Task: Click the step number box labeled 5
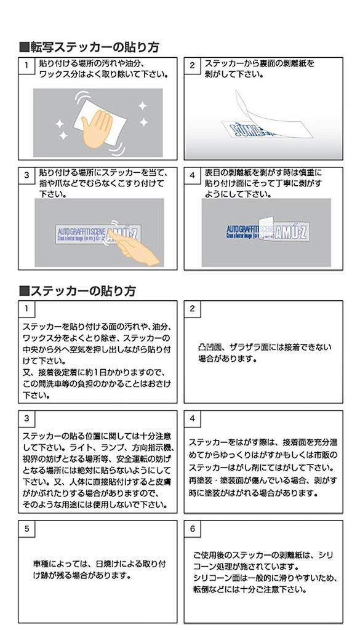[x=27, y=528]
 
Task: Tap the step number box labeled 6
[x=193, y=528]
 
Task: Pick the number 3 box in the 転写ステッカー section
[x=27, y=175]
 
